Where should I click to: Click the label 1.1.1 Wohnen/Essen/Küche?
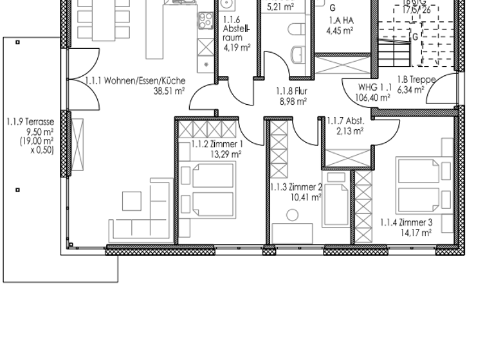coord(135,80)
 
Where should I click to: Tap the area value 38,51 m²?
coord(169,91)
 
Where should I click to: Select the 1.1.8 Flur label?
coord(291,91)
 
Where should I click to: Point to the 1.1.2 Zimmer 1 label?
coord(217,144)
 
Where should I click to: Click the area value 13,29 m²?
coord(226,154)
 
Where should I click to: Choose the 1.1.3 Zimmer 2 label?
coord(295,187)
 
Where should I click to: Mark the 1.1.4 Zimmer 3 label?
coord(406,222)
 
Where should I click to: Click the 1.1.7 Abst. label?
coord(345,121)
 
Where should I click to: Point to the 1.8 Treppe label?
coord(416,80)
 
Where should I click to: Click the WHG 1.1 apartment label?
coord(374,87)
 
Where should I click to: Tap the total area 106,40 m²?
coord(373,98)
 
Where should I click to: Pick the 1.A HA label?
coord(341,19)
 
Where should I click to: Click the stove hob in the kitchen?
coord(205,21)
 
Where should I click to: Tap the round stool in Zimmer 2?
coord(292,215)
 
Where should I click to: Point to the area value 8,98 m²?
coord(293,101)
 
